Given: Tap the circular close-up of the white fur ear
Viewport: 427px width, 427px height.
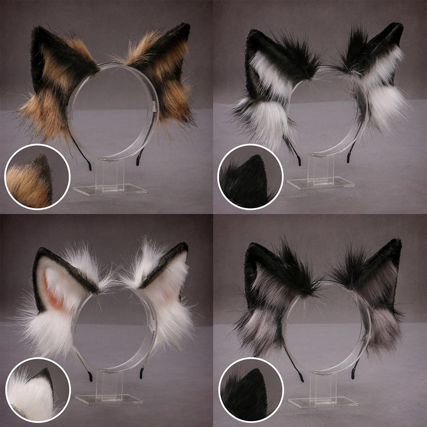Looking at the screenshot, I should [x=38, y=390].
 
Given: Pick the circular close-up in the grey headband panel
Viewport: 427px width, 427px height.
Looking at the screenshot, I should [x=251, y=390].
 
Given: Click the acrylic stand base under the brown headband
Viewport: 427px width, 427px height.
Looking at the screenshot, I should [x=110, y=190].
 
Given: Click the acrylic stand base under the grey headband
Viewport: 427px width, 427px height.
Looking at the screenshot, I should [x=323, y=402].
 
